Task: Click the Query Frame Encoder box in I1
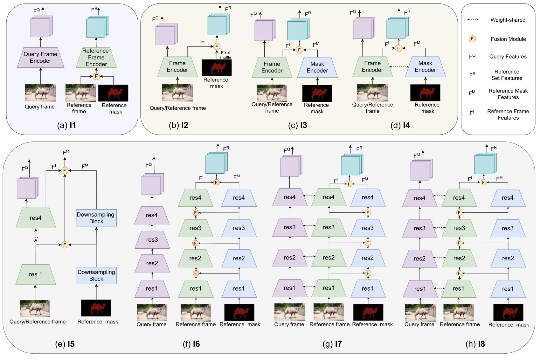(40, 57)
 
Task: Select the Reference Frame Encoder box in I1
(96, 57)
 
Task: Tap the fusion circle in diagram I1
(96, 76)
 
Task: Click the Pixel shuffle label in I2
(225, 55)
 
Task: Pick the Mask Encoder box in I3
(317, 67)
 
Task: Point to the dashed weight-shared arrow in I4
(399, 67)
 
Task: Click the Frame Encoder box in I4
(372, 67)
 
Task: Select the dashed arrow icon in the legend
(473, 19)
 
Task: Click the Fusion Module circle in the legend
(472, 39)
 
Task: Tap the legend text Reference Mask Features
(508, 94)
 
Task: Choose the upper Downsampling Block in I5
(96, 218)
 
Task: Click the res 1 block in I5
(36, 274)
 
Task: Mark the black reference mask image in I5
(96, 308)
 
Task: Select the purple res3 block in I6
(152, 240)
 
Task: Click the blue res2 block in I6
(239, 258)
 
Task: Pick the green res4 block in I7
(329, 197)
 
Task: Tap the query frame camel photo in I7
(289, 312)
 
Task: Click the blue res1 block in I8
(508, 289)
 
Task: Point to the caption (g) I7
(332, 344)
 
